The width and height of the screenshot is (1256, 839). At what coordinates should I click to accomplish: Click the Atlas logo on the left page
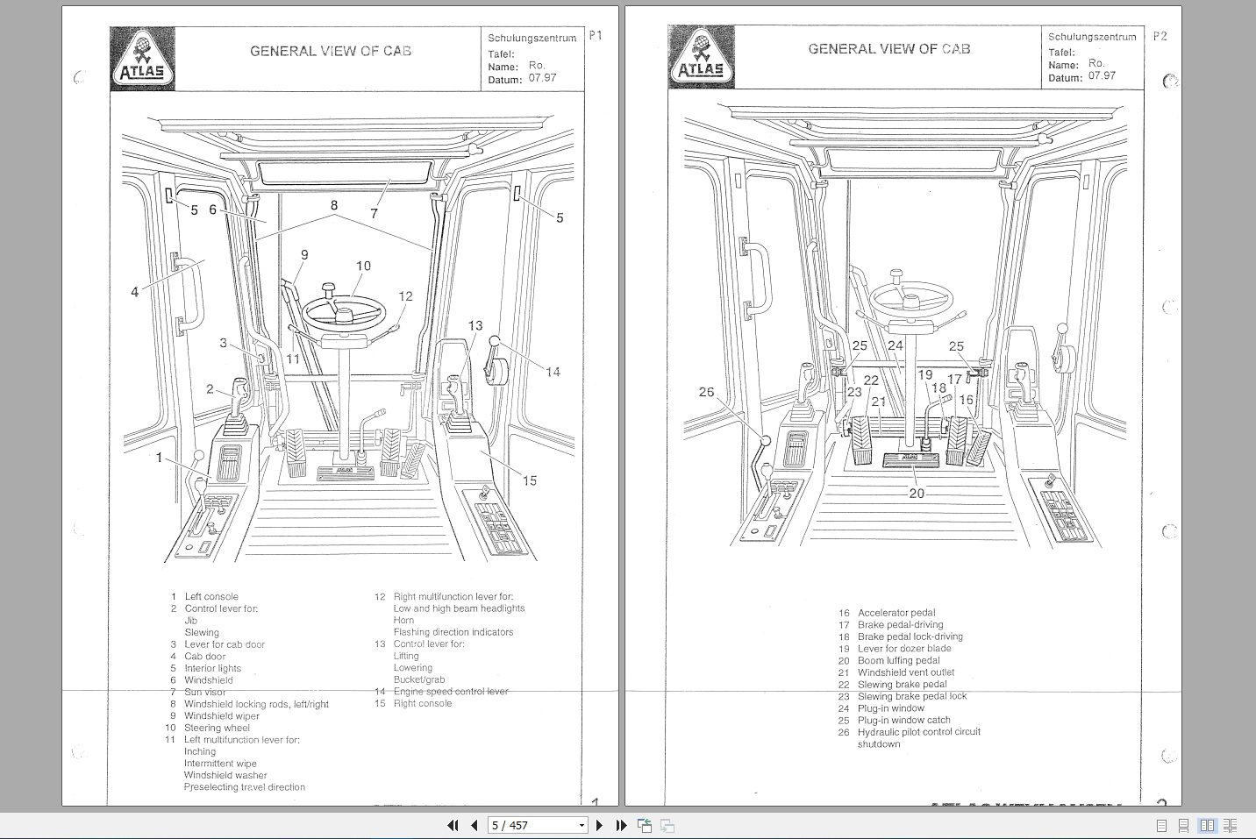142,59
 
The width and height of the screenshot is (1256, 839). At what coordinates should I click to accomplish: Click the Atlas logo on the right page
701,57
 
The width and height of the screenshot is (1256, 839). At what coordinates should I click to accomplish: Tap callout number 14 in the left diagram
553,372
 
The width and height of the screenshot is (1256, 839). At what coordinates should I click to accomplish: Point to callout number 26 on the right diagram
706,392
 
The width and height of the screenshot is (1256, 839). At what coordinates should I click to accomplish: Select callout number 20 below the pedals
917,493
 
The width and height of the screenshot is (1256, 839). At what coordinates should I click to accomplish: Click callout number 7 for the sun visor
374,213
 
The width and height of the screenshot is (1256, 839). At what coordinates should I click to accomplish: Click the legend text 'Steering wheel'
217,728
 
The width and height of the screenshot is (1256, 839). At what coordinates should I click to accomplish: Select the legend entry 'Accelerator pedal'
896,613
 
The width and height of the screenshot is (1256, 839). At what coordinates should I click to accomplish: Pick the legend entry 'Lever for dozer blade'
904,649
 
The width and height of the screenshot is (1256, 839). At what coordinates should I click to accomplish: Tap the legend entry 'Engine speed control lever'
451,691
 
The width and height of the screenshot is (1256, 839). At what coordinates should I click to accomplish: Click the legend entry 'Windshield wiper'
222,715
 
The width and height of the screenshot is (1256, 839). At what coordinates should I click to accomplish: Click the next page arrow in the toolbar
599,825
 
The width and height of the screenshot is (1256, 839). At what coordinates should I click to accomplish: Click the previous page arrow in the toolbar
475,825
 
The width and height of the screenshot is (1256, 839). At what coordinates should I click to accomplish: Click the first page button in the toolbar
453,825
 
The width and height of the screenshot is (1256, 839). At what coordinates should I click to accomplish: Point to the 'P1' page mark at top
596,36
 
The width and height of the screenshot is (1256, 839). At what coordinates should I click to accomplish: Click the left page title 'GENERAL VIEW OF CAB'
331,51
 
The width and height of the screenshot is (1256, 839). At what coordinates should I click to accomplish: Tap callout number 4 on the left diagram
134,292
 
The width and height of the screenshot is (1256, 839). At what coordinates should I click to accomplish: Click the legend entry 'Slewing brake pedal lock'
912,696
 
